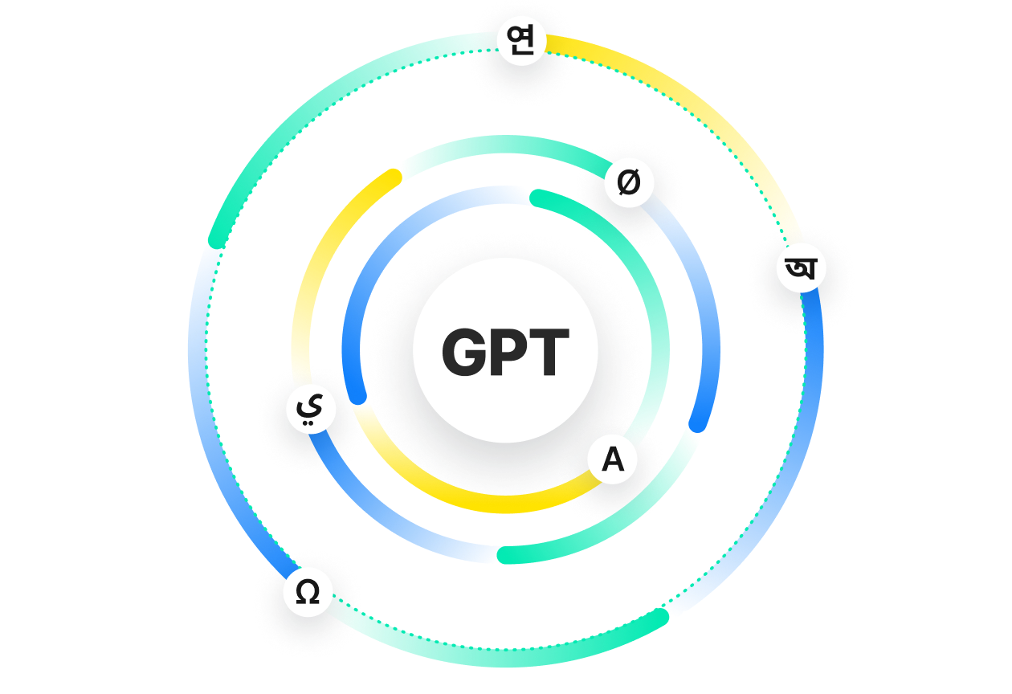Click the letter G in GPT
(464, 352)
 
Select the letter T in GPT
(549, 352)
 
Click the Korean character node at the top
(521, 41)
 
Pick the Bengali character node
(801, 268)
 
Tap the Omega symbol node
(308, 592)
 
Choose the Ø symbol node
(629, 182)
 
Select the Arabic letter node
(311, 409)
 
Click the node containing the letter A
(612, 459)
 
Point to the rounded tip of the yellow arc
(394, 177)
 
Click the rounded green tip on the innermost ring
(537, 198)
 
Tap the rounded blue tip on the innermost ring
(358, 397)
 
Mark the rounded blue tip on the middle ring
(697, 425)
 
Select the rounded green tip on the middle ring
(505, 555)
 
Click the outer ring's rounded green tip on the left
(216, 240)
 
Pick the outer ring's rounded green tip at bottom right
(660, 617)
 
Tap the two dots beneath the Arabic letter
(308, 423)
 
